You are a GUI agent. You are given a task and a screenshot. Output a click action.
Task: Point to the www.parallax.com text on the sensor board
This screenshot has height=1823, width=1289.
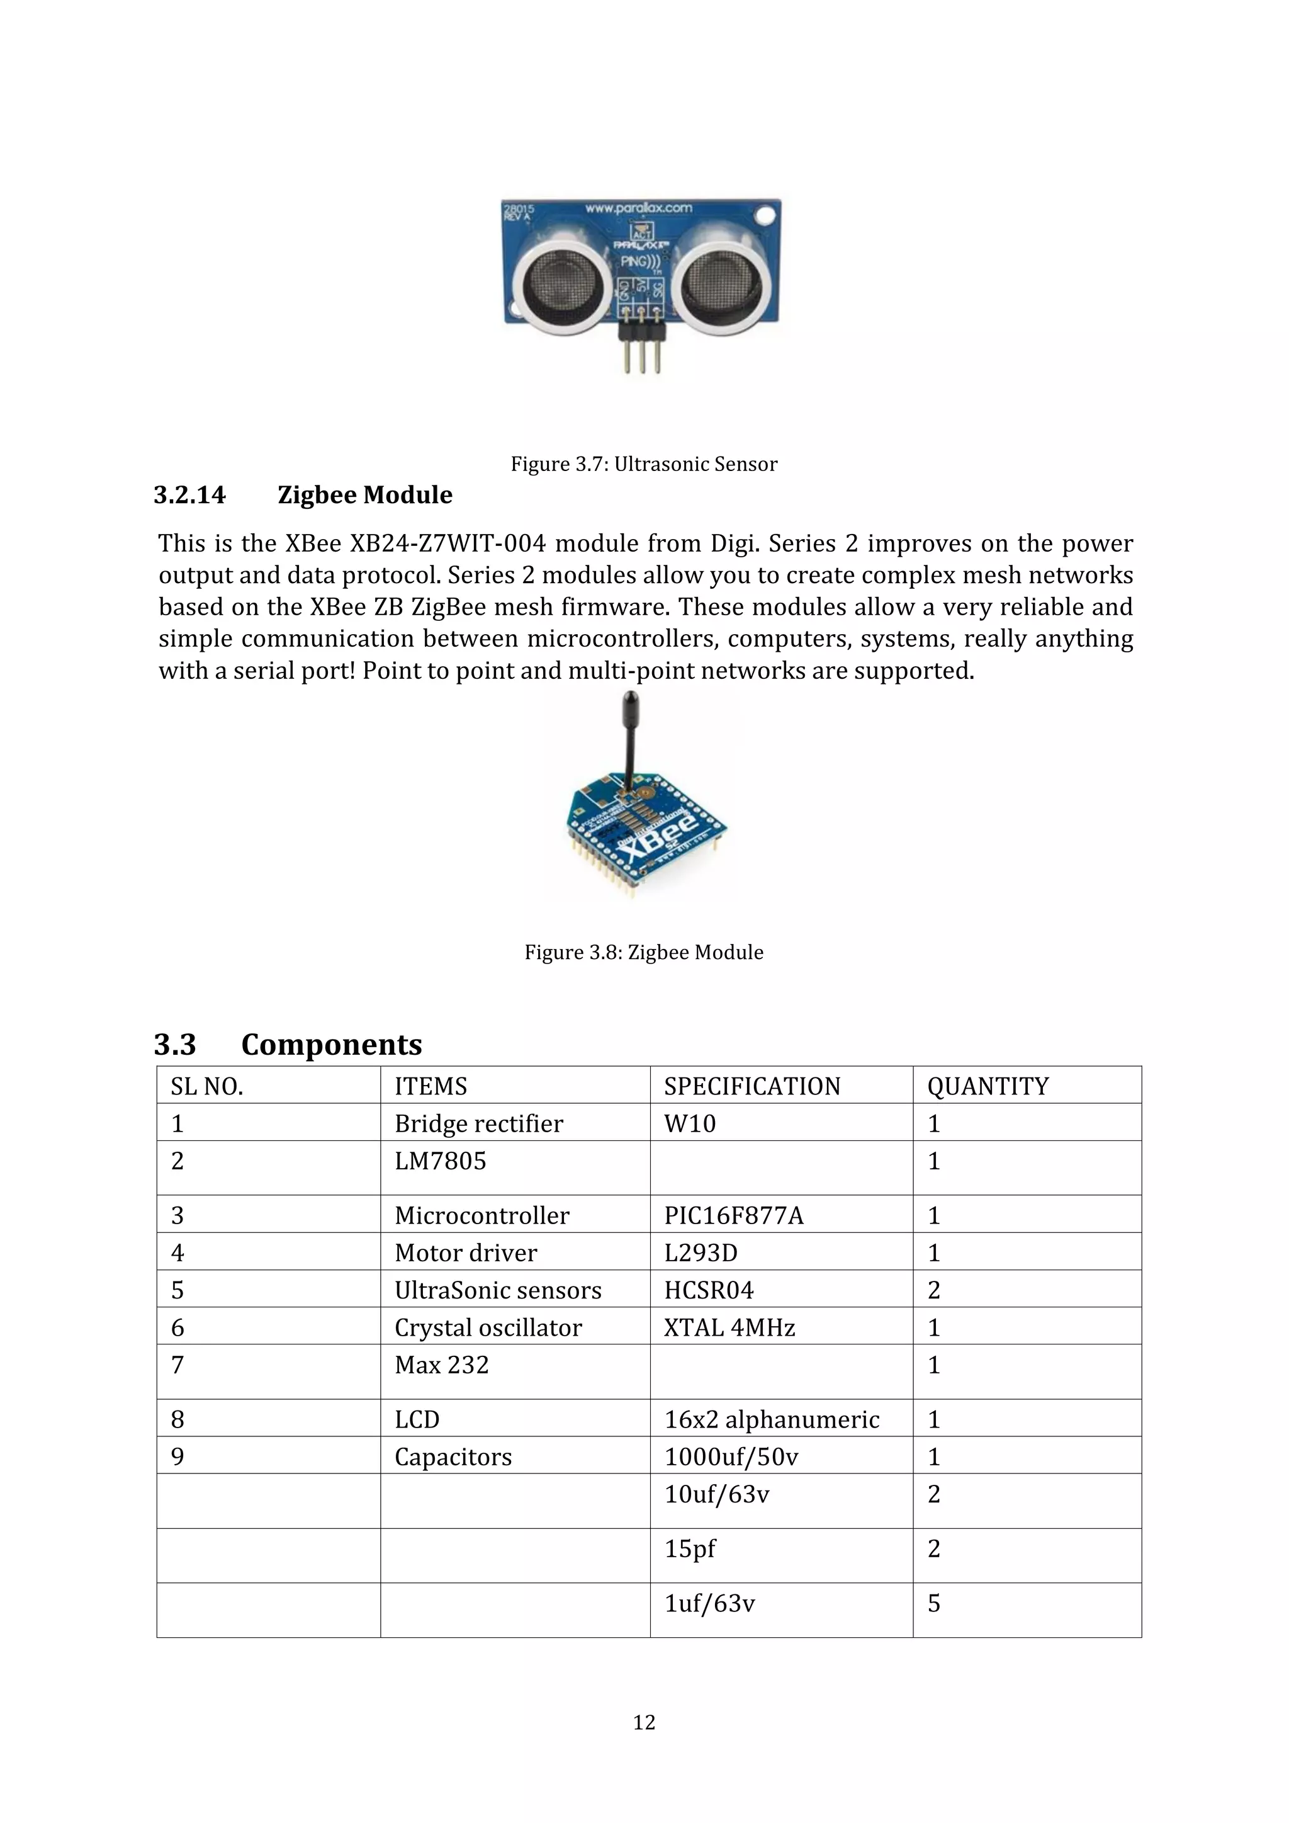coord(638,209)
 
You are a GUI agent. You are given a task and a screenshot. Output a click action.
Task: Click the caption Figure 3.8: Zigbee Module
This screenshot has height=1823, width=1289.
coord(644,953)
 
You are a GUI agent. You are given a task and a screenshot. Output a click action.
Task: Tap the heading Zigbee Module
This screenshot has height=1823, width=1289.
coord(364,496)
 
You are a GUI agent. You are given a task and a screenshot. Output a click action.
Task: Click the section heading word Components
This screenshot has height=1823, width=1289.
coord(331,1044)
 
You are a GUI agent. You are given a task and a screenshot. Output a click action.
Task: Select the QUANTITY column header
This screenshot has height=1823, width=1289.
coord(988,1086)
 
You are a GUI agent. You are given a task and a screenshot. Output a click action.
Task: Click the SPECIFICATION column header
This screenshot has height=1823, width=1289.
coord(751,1086)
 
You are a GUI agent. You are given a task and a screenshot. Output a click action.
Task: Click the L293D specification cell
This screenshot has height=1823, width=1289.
coord(701,1253)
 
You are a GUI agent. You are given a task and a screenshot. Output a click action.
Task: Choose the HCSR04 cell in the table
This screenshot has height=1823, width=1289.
coord(709,1290)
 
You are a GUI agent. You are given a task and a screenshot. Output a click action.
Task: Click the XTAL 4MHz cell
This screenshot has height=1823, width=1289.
coord(729,1327)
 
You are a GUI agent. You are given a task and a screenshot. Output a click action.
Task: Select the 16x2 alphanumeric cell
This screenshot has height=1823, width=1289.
coord(772,1419)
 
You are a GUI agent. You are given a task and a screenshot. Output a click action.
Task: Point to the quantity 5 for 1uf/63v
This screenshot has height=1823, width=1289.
coord(934,1604)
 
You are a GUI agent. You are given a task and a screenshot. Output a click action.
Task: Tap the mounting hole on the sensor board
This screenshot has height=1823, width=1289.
coord(764,215)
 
